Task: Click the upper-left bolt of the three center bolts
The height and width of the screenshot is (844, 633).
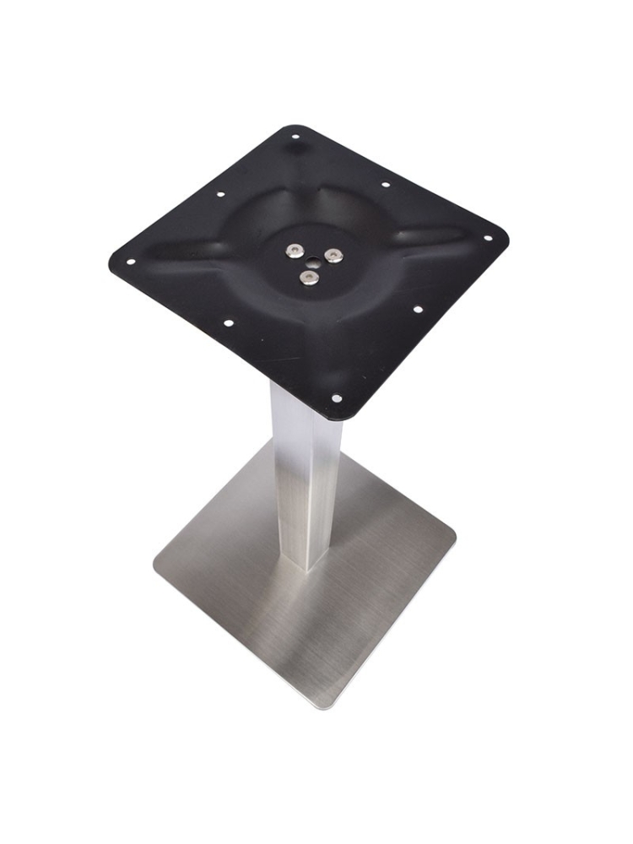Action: coord(295,251)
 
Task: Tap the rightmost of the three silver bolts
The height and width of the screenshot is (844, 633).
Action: coord(334,256)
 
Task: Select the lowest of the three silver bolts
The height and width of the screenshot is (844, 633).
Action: coord(310,277)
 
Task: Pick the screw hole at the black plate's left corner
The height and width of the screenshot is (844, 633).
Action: coord(130,261)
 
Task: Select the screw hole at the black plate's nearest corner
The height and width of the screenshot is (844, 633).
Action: coord(336,398)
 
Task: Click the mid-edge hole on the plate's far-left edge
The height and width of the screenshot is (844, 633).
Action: coord(220,194)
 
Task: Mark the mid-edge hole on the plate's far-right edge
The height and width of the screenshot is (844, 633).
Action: coord(385,184)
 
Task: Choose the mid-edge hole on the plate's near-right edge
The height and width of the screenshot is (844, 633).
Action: coord(417,310)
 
